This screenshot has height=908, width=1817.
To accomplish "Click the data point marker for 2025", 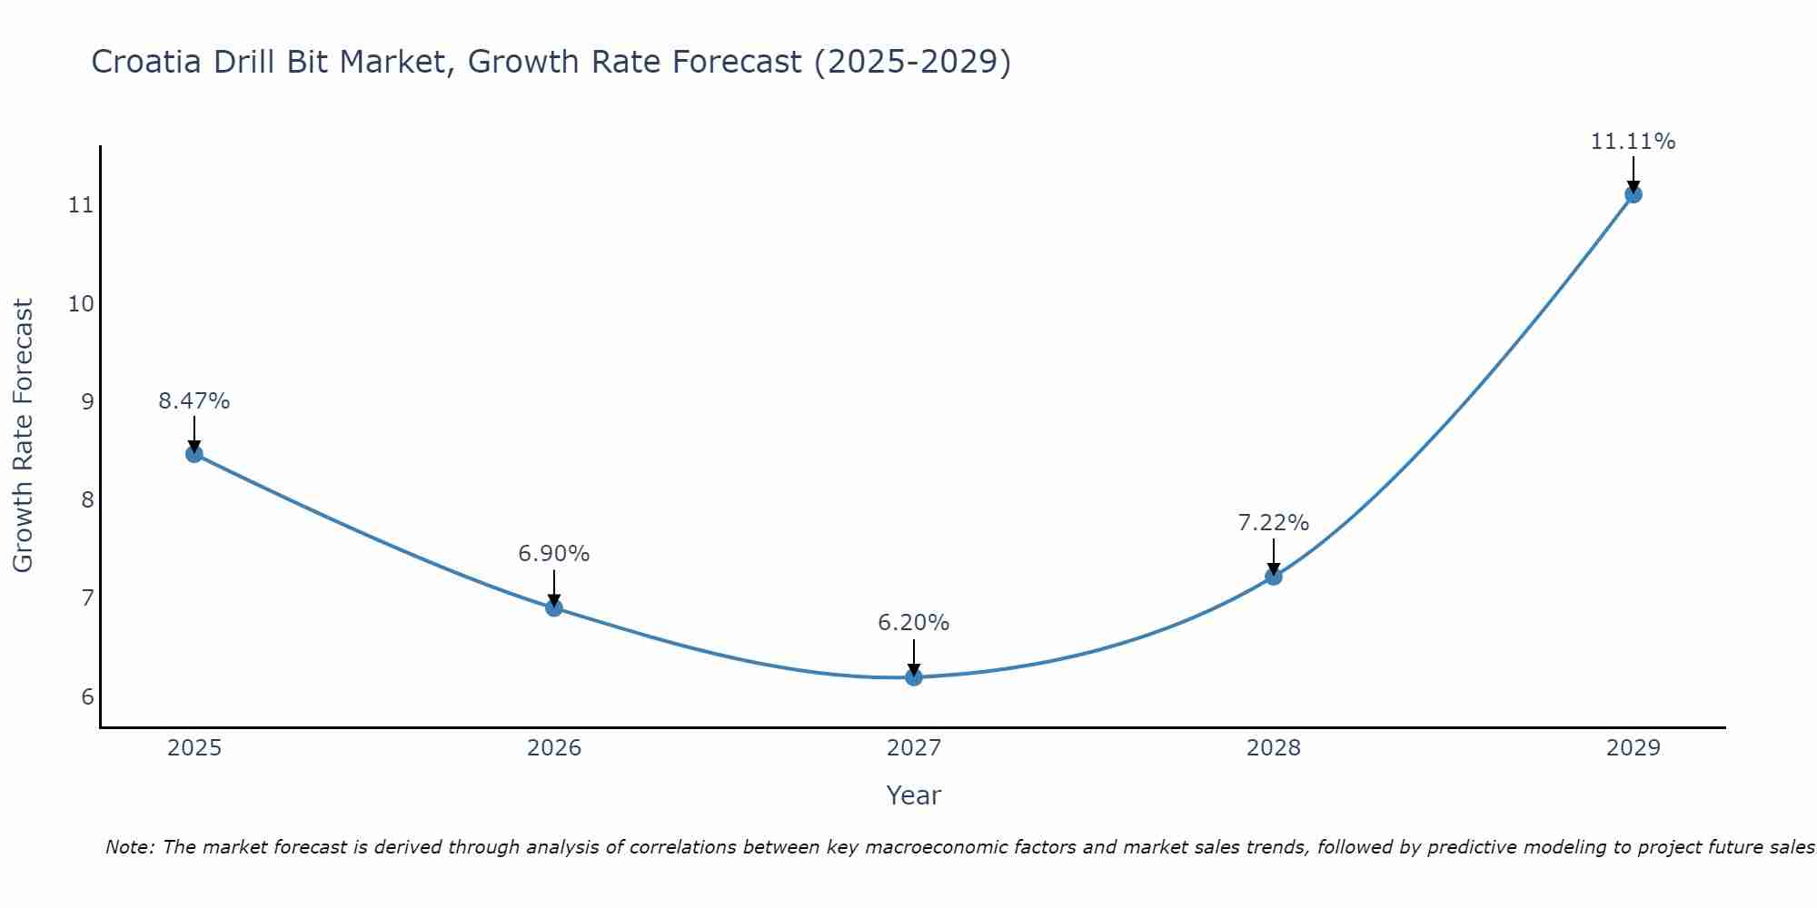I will (x=194, y=454).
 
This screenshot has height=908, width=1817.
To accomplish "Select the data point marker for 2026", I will (x=554, y=607).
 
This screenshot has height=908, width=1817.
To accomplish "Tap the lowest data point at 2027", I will (x=914, y=677).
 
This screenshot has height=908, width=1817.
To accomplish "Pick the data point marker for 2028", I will (x=1274, y=577).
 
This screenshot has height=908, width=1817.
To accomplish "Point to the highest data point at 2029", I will (x=1633, y=194).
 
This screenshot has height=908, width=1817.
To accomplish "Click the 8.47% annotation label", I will (x=194, y=401).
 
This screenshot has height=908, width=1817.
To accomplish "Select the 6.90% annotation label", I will (x=554, y=554).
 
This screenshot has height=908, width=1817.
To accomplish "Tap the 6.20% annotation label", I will (x=914, y=623).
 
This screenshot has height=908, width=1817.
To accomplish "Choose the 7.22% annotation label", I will (x=1274, y=523).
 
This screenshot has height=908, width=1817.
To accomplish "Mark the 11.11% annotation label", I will (x=1633, y=142).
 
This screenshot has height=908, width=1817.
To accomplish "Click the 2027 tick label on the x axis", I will (x=914, y=748).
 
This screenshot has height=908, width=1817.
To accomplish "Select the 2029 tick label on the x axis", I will (x=1633, y=748).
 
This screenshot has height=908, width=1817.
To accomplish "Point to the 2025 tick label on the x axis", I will (x=194, y=748).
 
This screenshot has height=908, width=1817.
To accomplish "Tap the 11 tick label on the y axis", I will (x=81, y=205).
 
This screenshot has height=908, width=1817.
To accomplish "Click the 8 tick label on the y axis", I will (x=87, y=500).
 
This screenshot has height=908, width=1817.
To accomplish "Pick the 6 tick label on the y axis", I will (x=87, y=697).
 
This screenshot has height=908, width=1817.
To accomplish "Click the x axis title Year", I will (x=914, y=795).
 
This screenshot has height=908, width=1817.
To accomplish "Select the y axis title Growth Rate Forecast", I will (x=23, y=436).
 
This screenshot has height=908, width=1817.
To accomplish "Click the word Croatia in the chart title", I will (x=147, y=62).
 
